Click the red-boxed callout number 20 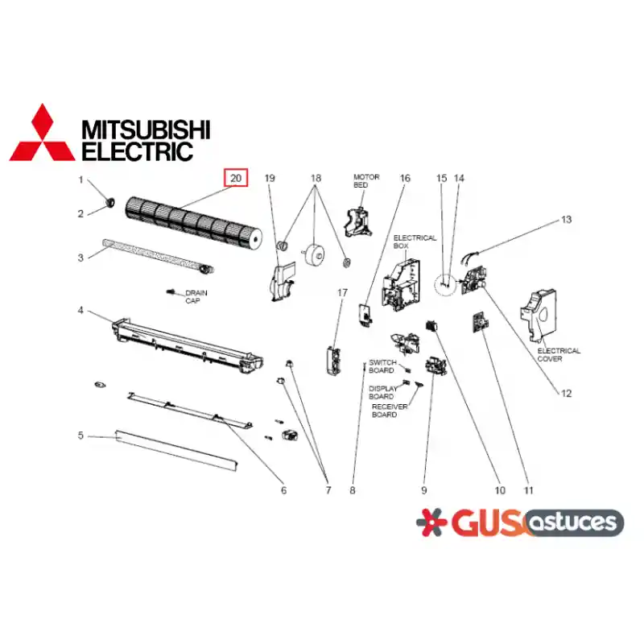coord(236,178)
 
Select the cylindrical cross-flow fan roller coord(193,223)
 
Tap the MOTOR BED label coord(366,180)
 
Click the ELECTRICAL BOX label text coord(415,242)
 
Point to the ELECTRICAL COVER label coord(559,354)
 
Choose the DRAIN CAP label coord(196,296)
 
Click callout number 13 coord(567,220)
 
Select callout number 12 coord(566,394)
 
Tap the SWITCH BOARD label coord(382,366)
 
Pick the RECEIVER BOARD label coord(390,411)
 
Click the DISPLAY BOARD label coord(383,392)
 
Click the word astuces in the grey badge coord(574,522)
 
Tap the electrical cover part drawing coord(539,315)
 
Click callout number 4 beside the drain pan coord(80,311)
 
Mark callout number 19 coord(270,178)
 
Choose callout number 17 coord(342,292)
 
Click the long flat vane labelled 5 coord(176,451)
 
